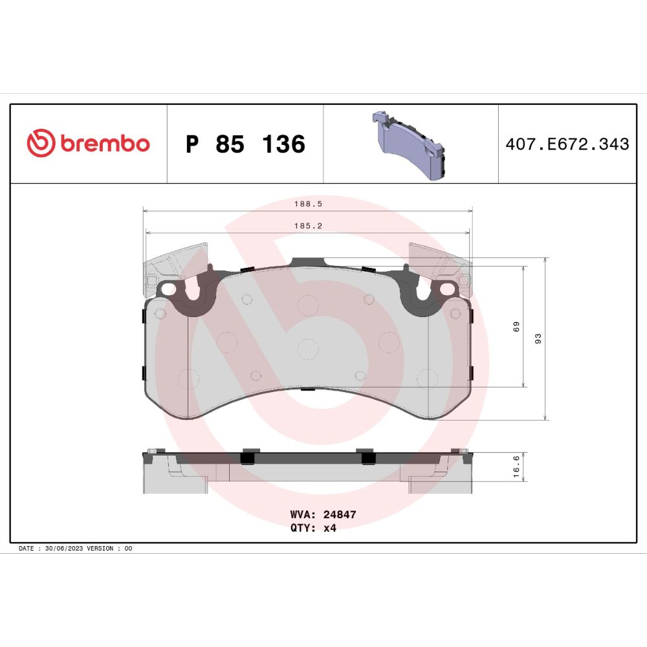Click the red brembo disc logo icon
pyautogui.click(x=41, y=143)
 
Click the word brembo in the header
pyautogui.click(x=105, y=143)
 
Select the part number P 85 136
pyautogui.click(x=245, y=144)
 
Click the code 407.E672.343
pyautogui.click(x=567, y=144)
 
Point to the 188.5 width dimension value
pyautogui.click(x=308, y=204)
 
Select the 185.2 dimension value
pyautogui.click(x=308, y=226)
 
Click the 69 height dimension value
pyautogui.click(x=516, y=327)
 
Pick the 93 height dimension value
pyautogui.click(x=538, y=339)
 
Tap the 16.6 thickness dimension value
pyautogui.click(x=516, y=466)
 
